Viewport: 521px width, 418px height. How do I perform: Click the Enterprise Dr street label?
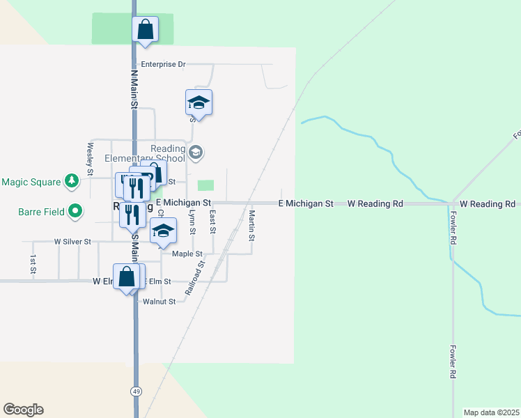(163, 64)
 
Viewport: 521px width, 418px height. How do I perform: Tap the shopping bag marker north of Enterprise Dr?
(146, 30)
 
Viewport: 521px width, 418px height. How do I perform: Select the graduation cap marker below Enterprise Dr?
(199, 103)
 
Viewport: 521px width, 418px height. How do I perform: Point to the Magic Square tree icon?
(71, 182)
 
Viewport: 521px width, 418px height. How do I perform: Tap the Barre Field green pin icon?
(76, 211)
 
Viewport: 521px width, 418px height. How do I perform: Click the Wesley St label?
(90, 158)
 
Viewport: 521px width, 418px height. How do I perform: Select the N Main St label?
(133, 88)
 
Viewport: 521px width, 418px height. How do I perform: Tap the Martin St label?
(252, 226)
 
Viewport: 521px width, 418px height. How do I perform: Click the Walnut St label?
(158, 302)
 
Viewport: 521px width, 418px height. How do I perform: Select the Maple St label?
(187, 254)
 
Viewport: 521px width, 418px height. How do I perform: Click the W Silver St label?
(72, 242)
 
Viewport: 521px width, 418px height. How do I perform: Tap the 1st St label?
(33, 264)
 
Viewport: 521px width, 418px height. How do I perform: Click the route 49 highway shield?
(135, 392)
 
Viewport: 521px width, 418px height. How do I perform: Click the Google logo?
(23, 410)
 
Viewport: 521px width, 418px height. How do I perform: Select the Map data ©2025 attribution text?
(490, 412)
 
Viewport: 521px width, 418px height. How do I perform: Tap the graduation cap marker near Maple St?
(163, 231)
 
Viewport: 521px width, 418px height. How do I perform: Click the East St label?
(213, 223)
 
